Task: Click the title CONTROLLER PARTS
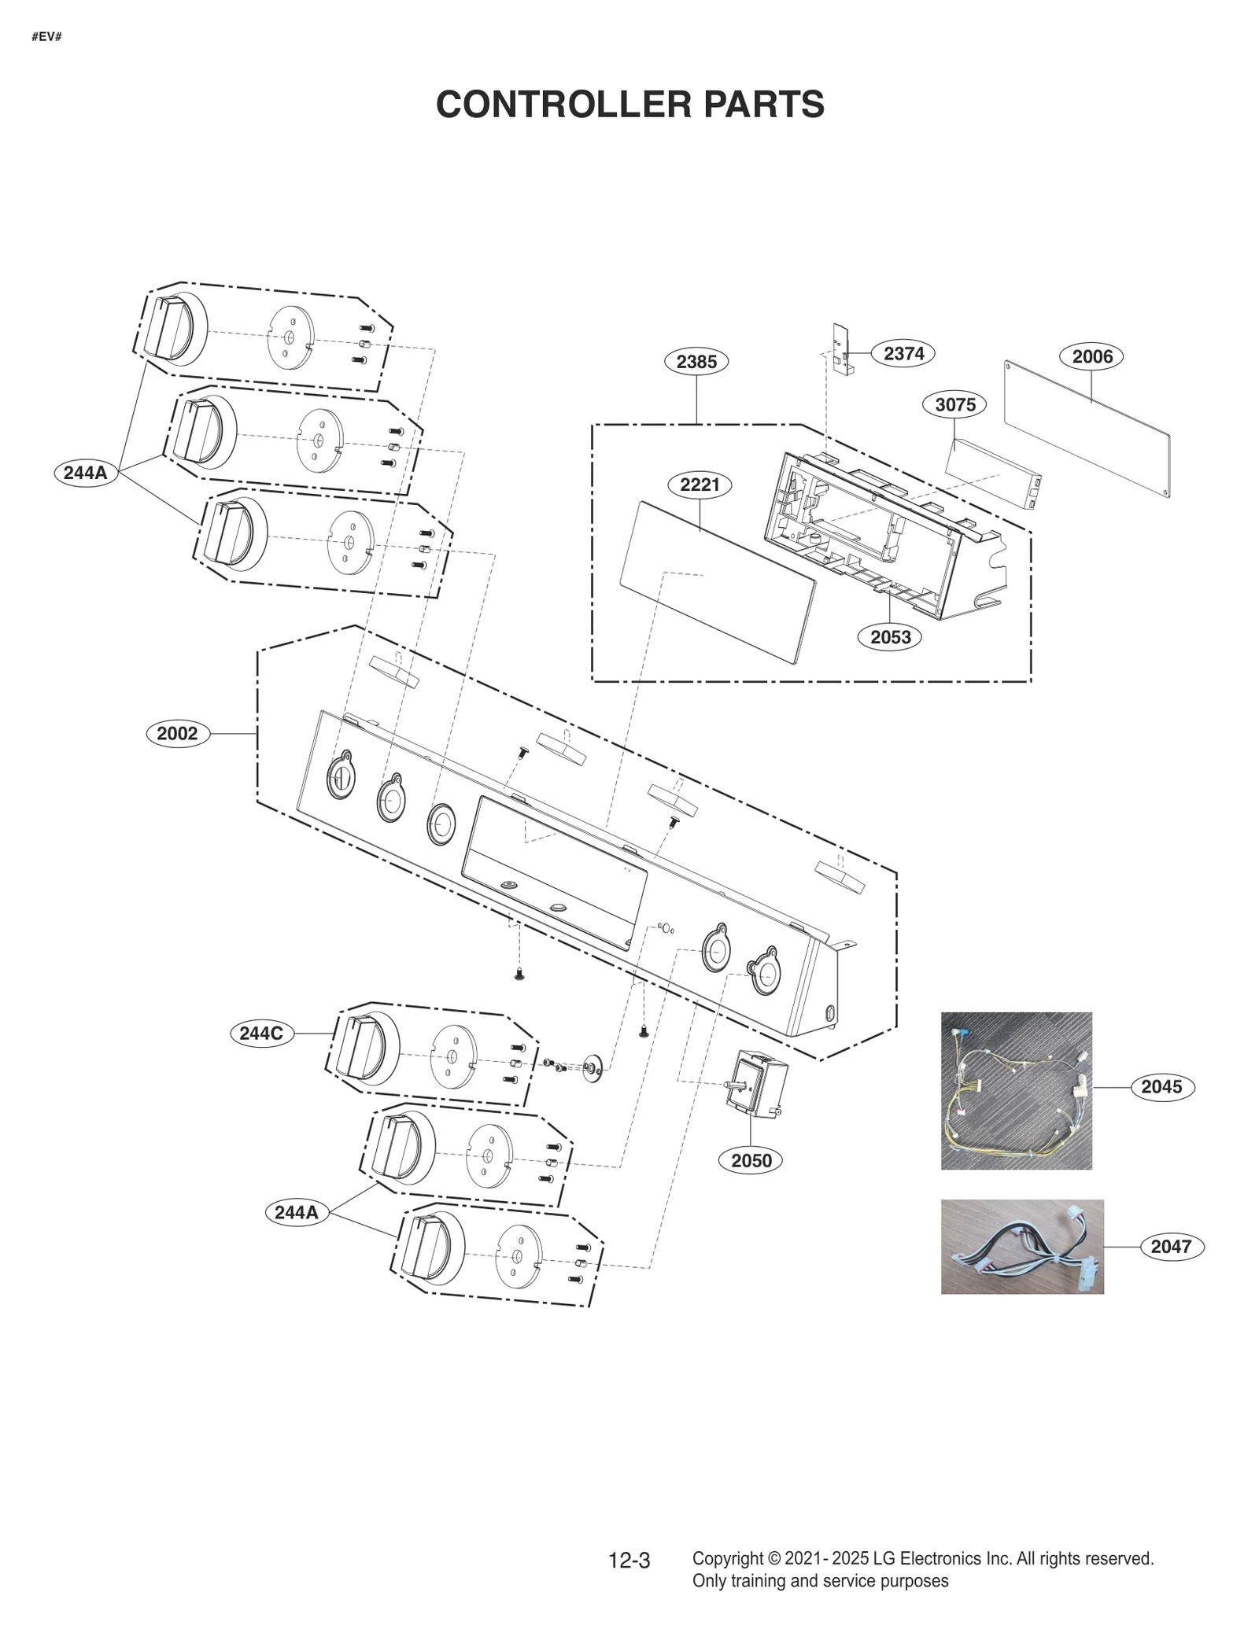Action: tap(629, 105)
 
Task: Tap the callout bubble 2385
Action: tap(696, 362)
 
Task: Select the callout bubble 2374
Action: tap(903, 354)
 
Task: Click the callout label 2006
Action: tap(1091, 356)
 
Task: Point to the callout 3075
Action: tap(954, 404)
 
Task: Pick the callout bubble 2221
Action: tap(700, 485)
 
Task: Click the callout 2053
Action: tap(890, 637)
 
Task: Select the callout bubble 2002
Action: tap(177, 734)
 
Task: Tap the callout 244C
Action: tap(260, 1033)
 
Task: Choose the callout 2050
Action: tap(751, 1160)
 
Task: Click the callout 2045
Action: tap(1161, 1087)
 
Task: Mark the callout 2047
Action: tap(1171, 1247)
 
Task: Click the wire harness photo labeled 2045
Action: tap(1016, 1090)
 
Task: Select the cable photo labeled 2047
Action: tap(1021, 1247)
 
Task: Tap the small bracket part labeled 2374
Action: tap(841, 349)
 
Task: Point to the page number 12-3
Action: tap(629, 1561)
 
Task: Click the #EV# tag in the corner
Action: tap(46, 37)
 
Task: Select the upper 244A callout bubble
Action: tap(85, 473)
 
